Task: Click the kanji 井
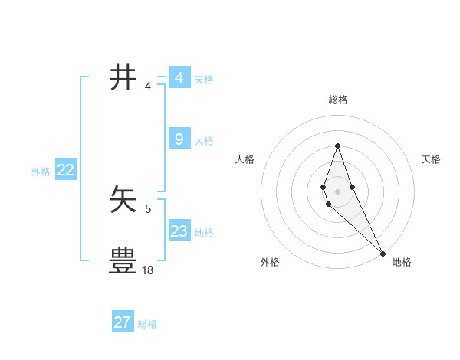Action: tap(123, 78)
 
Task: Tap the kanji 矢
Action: tap(123, 201)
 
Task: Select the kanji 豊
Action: tap(123, 261)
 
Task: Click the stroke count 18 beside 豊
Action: tap(148, 270)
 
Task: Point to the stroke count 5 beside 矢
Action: tap(148, 208)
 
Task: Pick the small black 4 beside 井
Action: tap(148, 86)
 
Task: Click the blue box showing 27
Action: tap(123, 322)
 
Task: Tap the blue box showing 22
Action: tap(65, 170)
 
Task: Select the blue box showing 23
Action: tap(179, 231)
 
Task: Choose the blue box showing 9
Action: tap(179, 139)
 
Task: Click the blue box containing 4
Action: tap(179, 77)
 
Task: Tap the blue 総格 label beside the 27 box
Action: tap(147, 324)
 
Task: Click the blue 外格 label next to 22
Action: tap(41, 172)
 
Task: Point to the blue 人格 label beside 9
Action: tap(204, 141)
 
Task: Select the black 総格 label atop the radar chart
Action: tap(337, 100)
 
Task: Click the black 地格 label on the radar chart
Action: tap(402, 262)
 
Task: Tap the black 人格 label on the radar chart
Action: tap(245, 159)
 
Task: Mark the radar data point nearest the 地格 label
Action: tap(383, 254)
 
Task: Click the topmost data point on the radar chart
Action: tap(337, 146)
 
